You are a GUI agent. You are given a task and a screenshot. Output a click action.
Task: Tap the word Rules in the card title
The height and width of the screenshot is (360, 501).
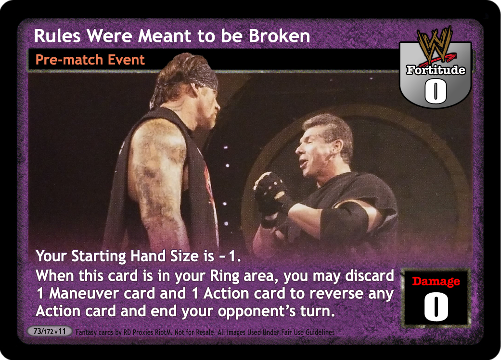(x=57, y=36)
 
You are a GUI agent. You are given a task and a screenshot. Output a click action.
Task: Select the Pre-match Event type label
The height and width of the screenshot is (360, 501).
(x=90, y=60)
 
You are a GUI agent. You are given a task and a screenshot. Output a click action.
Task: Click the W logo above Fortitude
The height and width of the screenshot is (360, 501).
(x=435, y=44)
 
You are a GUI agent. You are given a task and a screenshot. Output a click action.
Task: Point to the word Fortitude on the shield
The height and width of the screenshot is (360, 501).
(x=436, y=70)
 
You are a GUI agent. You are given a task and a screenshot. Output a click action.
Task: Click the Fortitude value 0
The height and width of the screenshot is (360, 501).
(x=435, y=91)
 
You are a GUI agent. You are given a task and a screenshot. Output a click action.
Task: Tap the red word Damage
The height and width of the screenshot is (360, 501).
(x=436, y=281)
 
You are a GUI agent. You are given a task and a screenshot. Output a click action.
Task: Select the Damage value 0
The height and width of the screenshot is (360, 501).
(x=436, y=306)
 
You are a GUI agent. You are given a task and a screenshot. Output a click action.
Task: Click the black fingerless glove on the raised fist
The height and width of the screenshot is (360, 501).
(x=271, y=198)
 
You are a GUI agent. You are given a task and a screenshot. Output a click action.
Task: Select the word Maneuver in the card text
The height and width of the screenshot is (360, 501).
(x=84, y=294)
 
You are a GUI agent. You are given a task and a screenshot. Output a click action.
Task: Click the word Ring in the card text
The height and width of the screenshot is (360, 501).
(x=225, y=276)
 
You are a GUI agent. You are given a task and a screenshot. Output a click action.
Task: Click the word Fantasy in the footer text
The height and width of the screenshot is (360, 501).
(x=85, y=332)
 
